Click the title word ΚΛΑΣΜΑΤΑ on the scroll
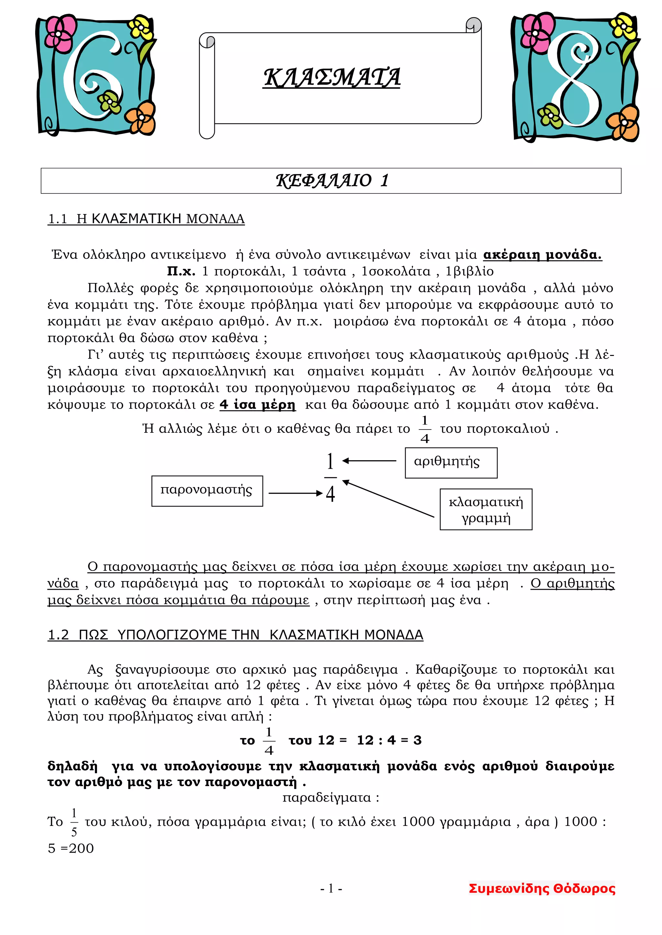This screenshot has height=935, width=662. coord(331,78)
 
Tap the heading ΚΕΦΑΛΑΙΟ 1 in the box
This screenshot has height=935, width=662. coord(332,181)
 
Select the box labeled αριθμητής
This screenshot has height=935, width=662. coord(451,462)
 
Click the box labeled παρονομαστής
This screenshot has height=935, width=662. coord(207,491)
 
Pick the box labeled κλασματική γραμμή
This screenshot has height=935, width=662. coord(486,509)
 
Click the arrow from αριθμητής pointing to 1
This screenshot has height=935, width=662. coord(369,461)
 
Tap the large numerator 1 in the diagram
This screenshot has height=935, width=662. coord(330,462)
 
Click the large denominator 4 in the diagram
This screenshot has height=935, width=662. coord(330,494)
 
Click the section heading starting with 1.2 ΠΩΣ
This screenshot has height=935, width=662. coord(235,635)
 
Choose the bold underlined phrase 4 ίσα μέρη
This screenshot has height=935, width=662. coord(257,405)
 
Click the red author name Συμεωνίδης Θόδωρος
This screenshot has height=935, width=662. coord(542,888)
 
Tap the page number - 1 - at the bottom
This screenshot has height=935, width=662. coord(331,888)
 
